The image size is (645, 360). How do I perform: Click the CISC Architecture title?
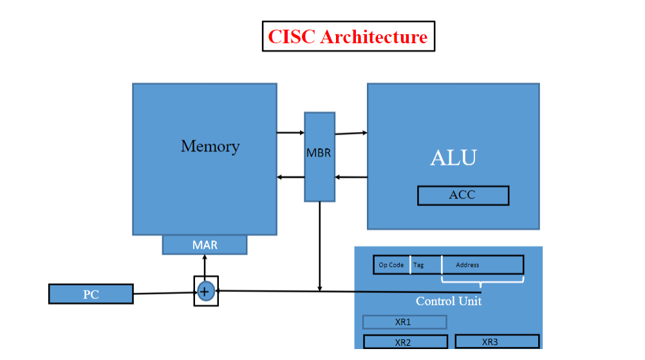click(348, 36)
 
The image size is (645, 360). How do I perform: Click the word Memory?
click(210, 146)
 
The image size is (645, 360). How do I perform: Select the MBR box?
click(319, 156)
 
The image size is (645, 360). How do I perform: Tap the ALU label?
click(453, 158)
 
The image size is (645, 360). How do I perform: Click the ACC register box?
click(463, 195)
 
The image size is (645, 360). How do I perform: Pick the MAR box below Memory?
click(205, 245)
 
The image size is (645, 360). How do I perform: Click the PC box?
click(91, 294)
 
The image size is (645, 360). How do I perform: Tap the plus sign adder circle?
click(205, 291)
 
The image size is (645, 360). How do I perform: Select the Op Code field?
click(391, 265)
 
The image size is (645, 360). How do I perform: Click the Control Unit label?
click(448, 301)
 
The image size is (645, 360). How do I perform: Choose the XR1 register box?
click(404, 321)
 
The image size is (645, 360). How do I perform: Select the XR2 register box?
click(405, 342)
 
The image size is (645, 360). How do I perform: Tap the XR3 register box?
click(497, 341)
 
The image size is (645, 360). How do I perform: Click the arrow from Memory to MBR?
click(290, 133)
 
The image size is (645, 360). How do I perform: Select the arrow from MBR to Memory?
click(290, 177)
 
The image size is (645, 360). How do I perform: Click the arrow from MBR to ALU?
click(351, 133)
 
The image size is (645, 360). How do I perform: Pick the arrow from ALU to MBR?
click(351, 177)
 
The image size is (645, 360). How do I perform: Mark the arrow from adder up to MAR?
click(205, 266)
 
